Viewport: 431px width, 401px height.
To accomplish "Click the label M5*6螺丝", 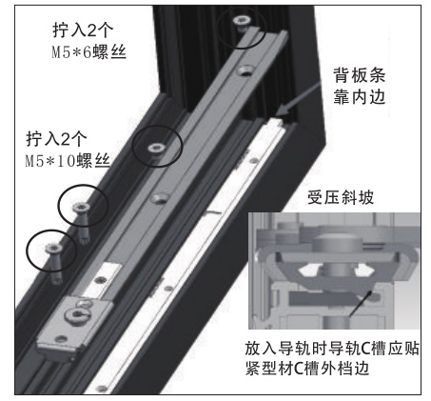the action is click(88, 52).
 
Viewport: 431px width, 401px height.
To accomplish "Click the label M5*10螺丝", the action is click(68, 161).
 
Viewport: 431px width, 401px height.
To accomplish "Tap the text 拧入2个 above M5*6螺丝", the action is click(83, 30).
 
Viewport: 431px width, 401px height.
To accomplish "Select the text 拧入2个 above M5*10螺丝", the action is click(56, 139).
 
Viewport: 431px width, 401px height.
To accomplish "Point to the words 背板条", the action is click(359, 75).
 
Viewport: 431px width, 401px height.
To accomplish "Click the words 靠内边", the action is click(359, 97).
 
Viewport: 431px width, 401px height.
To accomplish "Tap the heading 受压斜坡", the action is click(341, 197).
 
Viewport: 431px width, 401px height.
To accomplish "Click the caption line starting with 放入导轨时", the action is click(332, 349).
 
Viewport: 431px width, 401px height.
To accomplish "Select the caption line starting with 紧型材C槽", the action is click(307, 369).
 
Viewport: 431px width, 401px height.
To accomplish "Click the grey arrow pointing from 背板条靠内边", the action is click(298, 99).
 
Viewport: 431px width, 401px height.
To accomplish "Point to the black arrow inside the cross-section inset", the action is click(360, 303).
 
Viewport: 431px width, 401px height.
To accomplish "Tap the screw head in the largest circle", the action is click(156, 148).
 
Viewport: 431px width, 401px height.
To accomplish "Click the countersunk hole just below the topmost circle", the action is click(245, 70).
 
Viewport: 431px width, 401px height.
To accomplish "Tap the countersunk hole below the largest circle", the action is click(160, 198).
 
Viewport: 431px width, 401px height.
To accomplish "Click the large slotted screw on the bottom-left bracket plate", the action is click(76, 314).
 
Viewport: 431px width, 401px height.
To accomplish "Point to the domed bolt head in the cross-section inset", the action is click(337, 240).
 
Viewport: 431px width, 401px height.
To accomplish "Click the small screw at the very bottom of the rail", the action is click(102, 388).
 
